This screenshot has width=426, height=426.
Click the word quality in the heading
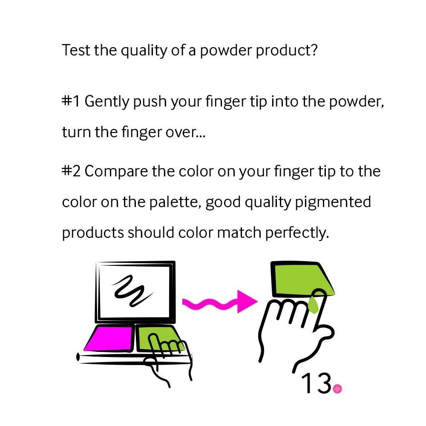[144, 51]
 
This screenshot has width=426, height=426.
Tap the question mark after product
[314, 50]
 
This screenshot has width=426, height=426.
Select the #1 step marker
[71, 101]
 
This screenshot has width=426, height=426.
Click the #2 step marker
[71, 171]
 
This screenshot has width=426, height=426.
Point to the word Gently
[107, 102]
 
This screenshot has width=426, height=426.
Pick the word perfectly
[297, 233]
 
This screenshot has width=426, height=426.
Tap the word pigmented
[333, 203]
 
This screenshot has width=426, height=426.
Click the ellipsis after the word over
[201, 136]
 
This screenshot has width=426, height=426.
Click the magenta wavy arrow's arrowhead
[246, 302]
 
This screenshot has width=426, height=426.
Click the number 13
[317, 383]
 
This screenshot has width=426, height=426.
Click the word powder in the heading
[226, 51]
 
